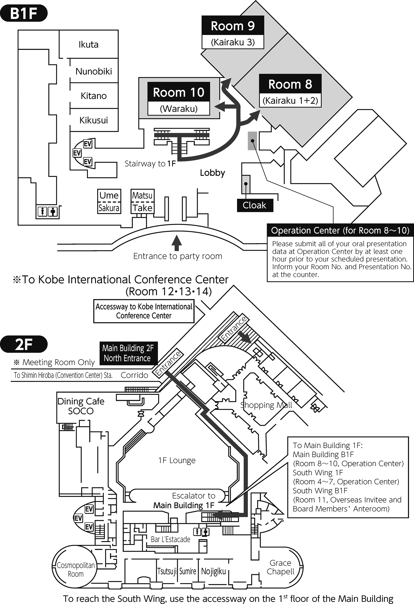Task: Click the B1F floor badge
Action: point(24,14)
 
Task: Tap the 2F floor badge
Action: point(24,344)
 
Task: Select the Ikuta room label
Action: point(88,45)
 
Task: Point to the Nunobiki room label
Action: point(94,71)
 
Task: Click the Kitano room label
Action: point(94,96)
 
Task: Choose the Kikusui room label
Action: point(94,120)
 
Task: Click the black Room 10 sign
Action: point(179,92)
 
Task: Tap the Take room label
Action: point(142,208)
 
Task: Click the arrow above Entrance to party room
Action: point(177,243)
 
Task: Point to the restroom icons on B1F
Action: point(48,211)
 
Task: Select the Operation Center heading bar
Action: point(340,230)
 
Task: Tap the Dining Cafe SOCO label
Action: point(81,406)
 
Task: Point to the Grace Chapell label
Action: point(280,567)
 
